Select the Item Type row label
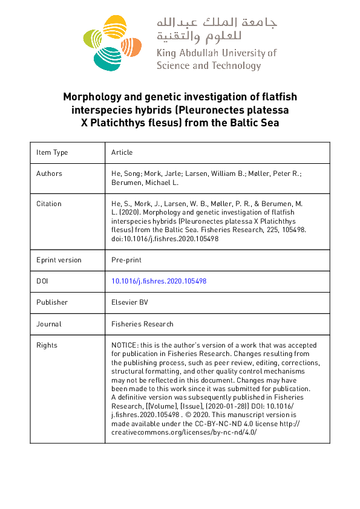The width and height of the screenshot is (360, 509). [53, 152]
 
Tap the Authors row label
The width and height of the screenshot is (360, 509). [50, 173]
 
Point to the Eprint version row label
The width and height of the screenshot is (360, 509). [59, 260]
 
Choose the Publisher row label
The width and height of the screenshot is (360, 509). [52, 302]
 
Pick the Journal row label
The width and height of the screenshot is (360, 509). [49, 324]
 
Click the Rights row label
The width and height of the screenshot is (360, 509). [47, 345]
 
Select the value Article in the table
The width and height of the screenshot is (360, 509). [122, 152]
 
